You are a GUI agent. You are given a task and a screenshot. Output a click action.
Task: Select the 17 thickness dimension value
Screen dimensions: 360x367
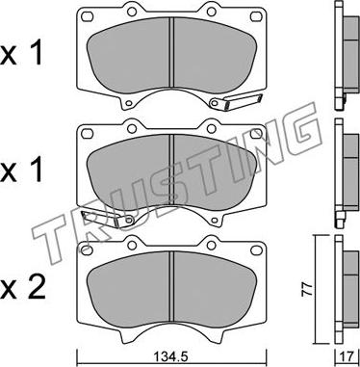click(347, 356)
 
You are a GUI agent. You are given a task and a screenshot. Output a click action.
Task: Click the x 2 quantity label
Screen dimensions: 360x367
click(22, 289)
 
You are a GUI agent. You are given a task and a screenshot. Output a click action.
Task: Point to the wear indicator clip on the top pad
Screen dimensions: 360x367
click(236, 101)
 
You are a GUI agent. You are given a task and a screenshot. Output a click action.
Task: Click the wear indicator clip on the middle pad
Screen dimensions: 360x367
click(108, 220)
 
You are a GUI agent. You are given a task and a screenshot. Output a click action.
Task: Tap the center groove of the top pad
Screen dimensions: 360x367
click(171, 52)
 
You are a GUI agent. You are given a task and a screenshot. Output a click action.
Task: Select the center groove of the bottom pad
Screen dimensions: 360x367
click(171, 286)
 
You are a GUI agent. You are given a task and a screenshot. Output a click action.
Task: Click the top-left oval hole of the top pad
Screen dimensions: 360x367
click(87, 15)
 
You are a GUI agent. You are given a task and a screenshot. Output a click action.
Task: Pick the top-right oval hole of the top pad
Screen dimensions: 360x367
click(256, 15)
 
